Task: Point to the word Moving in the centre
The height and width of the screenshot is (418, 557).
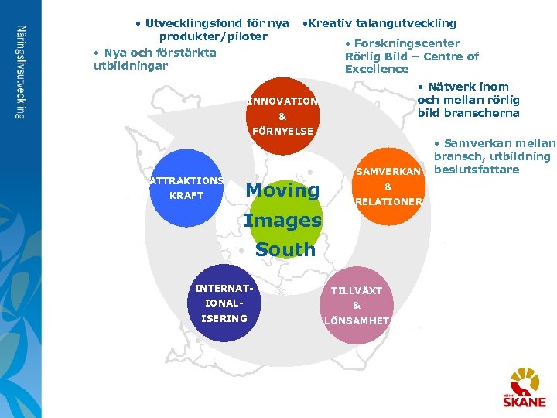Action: [x=282, y=190]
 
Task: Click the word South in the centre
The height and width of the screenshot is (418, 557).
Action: [x=285, y=250]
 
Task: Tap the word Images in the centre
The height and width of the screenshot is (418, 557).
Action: [x=282, y=221]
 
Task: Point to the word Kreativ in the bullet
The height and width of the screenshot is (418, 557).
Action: [x=332, y=23]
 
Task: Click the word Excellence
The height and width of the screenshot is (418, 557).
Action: [x=377, y=69]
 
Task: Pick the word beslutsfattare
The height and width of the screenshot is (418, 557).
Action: [x=477, y=170]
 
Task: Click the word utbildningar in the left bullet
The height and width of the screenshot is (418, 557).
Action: [x=131, y=66]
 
